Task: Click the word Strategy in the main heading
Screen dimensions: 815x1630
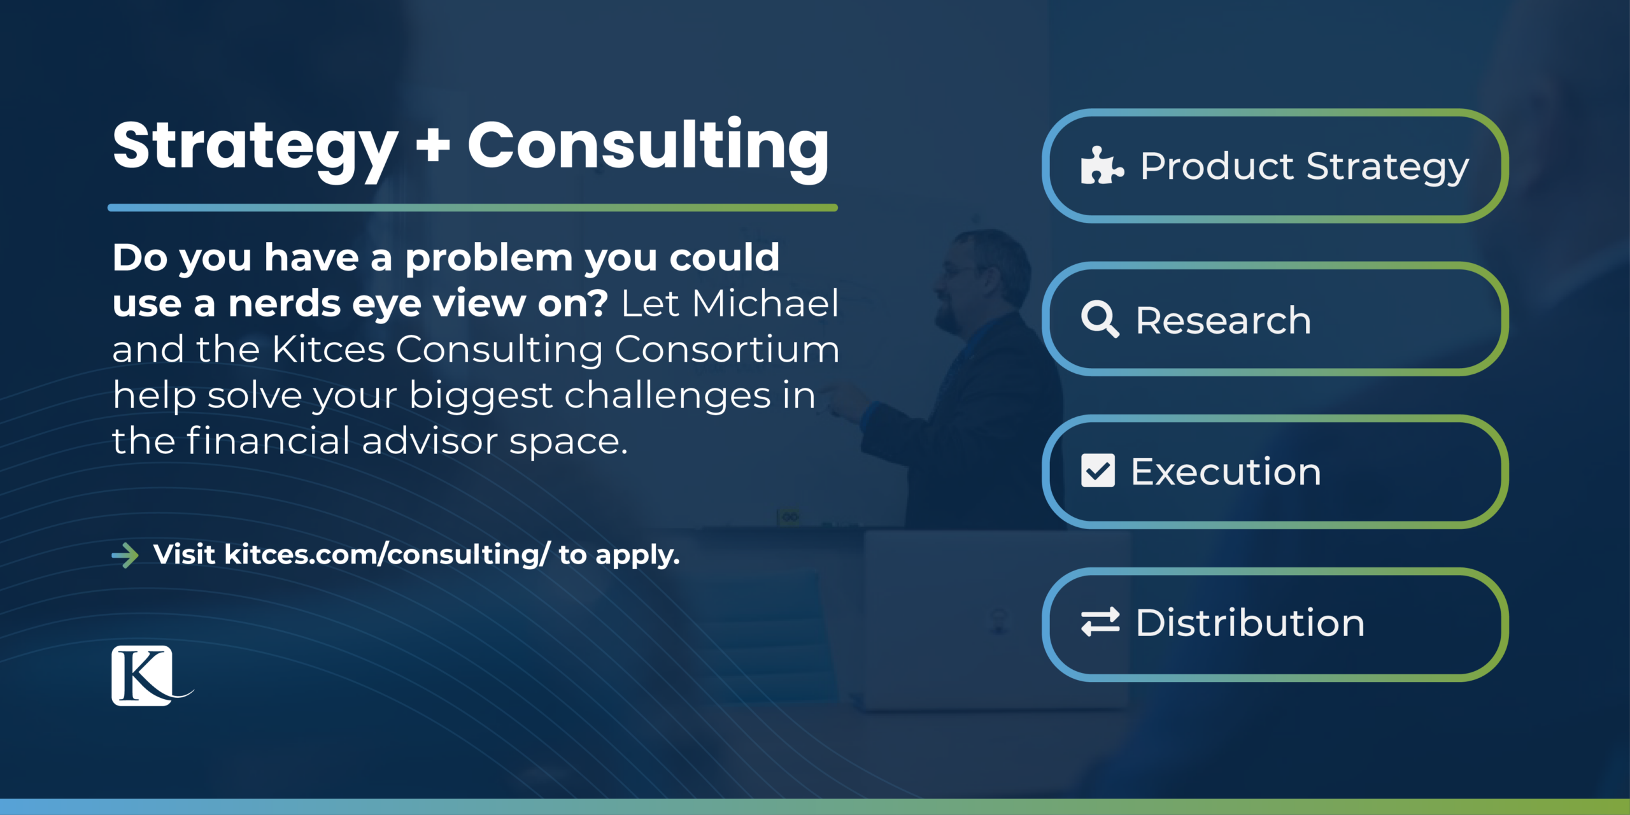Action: pos(255,148)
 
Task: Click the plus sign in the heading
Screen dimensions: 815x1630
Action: pos(433,146)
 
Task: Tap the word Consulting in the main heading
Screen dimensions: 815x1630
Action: pos(648,146)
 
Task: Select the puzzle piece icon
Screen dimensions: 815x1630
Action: pos(1101,166)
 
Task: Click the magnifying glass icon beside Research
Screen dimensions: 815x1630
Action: pos(1100,319)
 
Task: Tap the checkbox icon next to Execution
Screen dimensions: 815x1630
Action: pos(1098,471)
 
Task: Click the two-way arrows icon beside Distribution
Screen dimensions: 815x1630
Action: pos(1100,622)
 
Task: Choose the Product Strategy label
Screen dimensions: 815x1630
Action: pos(1304,167)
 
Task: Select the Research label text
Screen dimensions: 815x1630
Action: pos(1223,320)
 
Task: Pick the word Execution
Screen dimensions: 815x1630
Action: pos(1226,472)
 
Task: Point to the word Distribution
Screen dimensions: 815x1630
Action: pos(1250,623)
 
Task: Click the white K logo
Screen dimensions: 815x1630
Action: pos(143,676)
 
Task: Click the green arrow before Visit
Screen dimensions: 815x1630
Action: pos(125,555)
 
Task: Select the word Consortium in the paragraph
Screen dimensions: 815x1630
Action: pos(726,349)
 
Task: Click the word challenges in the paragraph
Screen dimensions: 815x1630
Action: pos(667,395)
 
